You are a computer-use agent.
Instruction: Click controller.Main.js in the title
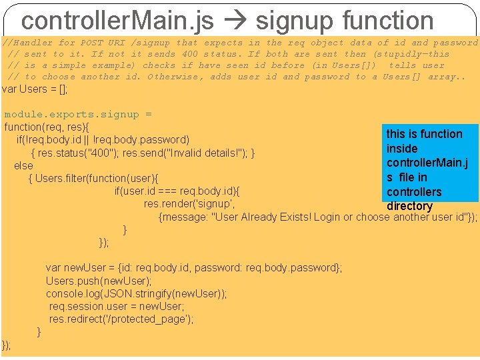[x=117, y=21]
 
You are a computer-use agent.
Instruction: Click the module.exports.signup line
[x=77, y=114]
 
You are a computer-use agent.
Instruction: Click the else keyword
[x=23, y=165]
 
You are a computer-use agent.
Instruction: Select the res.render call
[x=189, y=204]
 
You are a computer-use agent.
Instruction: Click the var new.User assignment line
[x=193, y=267]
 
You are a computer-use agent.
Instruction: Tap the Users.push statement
[x=99, y=281]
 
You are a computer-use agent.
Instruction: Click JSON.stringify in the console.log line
[x=141, y=293]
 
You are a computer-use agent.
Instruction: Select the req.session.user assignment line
[x=117, y=306]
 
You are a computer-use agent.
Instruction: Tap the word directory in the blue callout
[x=409, y=206]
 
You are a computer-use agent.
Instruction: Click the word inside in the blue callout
[x=402, y=148]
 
